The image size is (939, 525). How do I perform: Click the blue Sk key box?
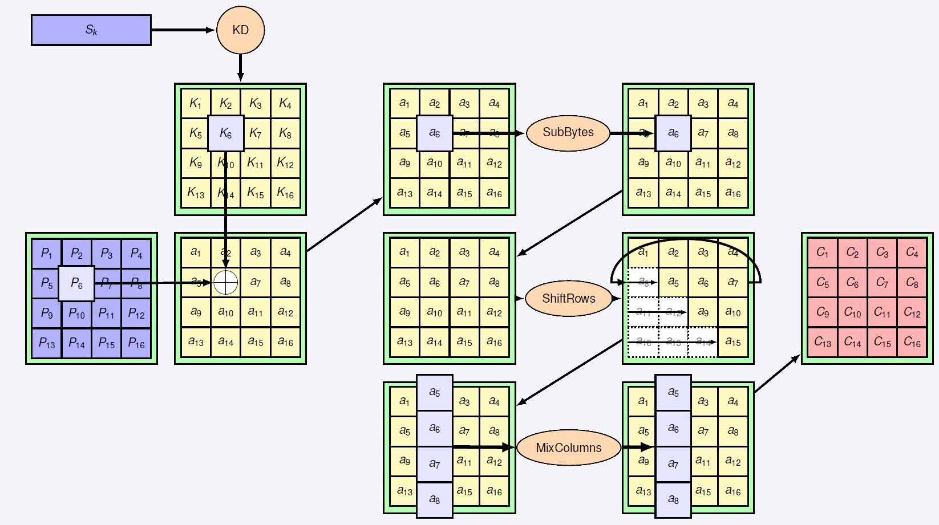coord(91,30)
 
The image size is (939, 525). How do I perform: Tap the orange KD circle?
coord(240,30)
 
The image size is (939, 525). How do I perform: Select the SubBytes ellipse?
coord(568,133)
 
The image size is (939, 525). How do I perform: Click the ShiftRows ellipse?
coord(568,299)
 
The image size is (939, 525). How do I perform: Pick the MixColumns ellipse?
coord(568,448)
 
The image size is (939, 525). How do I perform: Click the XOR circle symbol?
coord(225,282)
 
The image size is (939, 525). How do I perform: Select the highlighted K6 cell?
coord(225,133)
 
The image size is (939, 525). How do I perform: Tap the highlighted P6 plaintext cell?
coord(76,283)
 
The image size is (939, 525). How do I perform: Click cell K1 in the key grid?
coord(196,103)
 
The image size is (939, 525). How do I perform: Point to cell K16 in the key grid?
coord(285,193)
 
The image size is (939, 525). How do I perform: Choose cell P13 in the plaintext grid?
coord(47,343)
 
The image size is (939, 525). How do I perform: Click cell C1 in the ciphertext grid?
coord(822,253)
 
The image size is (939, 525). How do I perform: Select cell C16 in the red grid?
coord(912,342)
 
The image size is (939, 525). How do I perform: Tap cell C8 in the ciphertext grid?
coord(912,282)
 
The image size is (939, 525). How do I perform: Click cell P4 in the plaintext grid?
coord(136,253)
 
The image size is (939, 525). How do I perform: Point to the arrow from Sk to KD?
coord(183,30)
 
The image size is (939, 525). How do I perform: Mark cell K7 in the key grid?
coord(256,133)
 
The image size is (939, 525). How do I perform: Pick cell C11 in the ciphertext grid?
coord(882,312)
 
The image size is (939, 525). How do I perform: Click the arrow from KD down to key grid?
coord(240,68)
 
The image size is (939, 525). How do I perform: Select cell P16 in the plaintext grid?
coord(136,343)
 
